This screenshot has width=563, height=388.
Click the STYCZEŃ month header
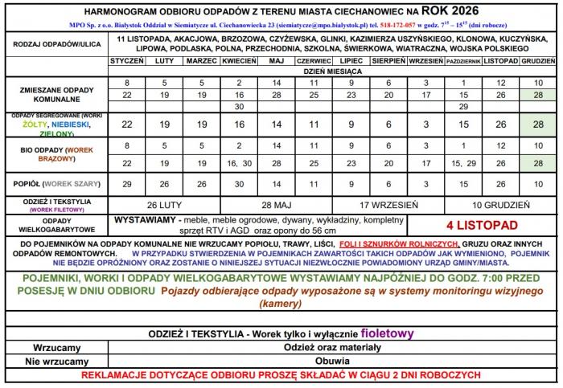[x=126, y=61]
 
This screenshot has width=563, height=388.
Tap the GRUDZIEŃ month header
[x=534, y=61]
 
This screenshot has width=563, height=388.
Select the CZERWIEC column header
[x=313, y=61]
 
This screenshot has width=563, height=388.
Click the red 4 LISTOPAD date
[x=480, y=224]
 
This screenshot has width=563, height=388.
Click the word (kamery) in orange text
[x=281, y=304]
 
